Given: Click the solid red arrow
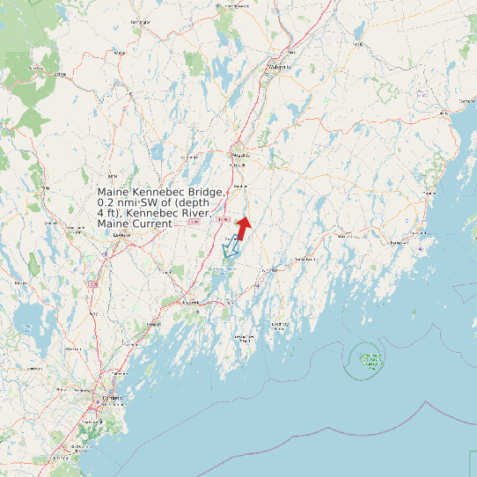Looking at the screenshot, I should [x=244, y=223].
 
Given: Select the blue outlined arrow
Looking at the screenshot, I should [x=231, y=253].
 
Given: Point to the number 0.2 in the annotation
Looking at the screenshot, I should [x=107, y=203].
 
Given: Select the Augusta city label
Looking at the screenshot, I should [x=239, y=155].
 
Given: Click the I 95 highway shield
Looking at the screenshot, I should [x=195, y=223].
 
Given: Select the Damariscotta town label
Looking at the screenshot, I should [x=303, y=260].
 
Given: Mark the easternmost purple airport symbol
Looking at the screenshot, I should [x=423, y=249].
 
